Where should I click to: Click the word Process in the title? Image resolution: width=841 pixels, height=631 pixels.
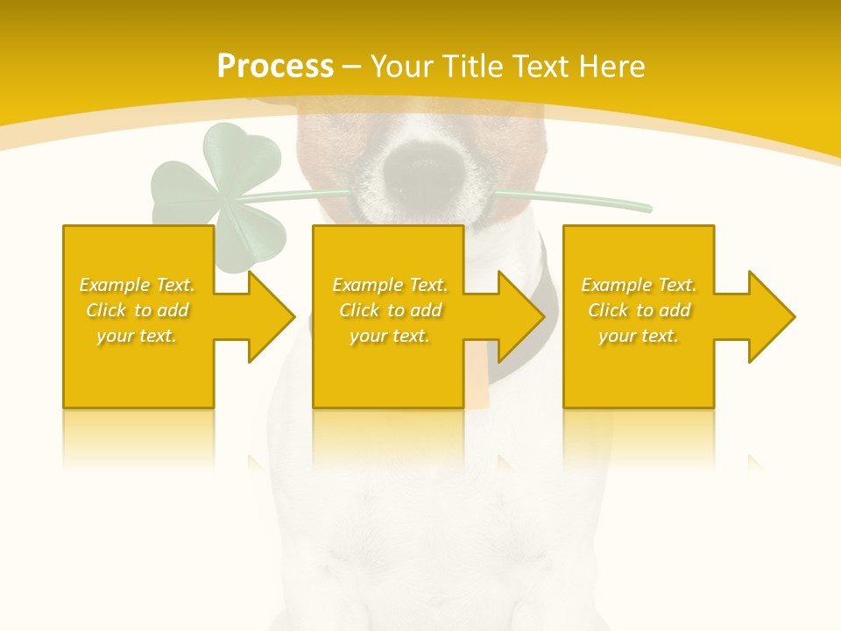(x=275, y=67)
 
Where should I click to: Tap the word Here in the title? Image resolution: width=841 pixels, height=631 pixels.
(x=611, y=67)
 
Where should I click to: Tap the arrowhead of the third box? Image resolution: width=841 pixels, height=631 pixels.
(x=770, y=316)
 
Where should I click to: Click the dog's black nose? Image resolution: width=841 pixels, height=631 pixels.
(x=421, y=171)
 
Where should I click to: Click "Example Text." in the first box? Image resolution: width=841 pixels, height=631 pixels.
(x=137, y=285)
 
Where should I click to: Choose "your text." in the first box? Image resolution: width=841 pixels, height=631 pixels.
(x=137, y=336)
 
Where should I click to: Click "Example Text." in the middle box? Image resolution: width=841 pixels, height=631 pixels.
(x=390, y=285)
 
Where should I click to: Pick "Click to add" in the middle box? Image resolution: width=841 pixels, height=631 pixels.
(x=390, y=310)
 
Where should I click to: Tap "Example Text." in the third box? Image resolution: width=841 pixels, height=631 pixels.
(x=639, y=285)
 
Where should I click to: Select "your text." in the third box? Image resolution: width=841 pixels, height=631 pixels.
(x=639, y=336)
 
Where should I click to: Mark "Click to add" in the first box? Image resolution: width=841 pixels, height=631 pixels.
(x=137, y=310)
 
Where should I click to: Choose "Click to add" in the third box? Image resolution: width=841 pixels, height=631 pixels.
(x=639, y=310)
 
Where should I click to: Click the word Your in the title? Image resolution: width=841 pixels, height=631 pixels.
(x=403, y=67)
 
